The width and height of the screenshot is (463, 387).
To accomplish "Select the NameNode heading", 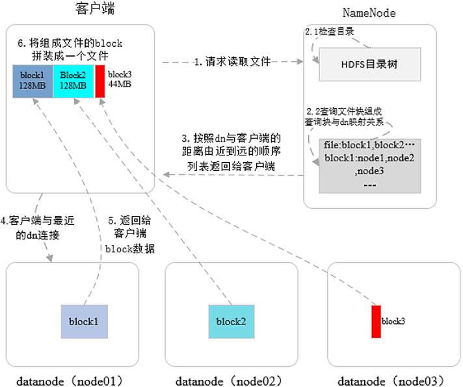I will click(369, 13).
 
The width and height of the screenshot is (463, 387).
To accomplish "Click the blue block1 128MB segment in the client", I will click(33, 81).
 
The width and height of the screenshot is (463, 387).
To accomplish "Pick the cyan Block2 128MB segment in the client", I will click(73, 81).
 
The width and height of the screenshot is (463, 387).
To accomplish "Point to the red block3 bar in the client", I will click(100, 81).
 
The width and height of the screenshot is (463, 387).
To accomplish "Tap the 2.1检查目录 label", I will click(330, 31).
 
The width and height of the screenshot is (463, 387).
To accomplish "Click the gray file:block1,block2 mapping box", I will click(369, 165).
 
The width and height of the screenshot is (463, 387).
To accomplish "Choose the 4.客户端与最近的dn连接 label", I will click(37, 228).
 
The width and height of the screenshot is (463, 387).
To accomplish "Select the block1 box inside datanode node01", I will click(84, 321).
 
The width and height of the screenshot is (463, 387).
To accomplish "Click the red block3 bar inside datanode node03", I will click(375, 321).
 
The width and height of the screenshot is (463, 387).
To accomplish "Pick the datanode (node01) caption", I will click(70, 379).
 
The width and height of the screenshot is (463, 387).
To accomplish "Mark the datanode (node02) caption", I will click(231, 379).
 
